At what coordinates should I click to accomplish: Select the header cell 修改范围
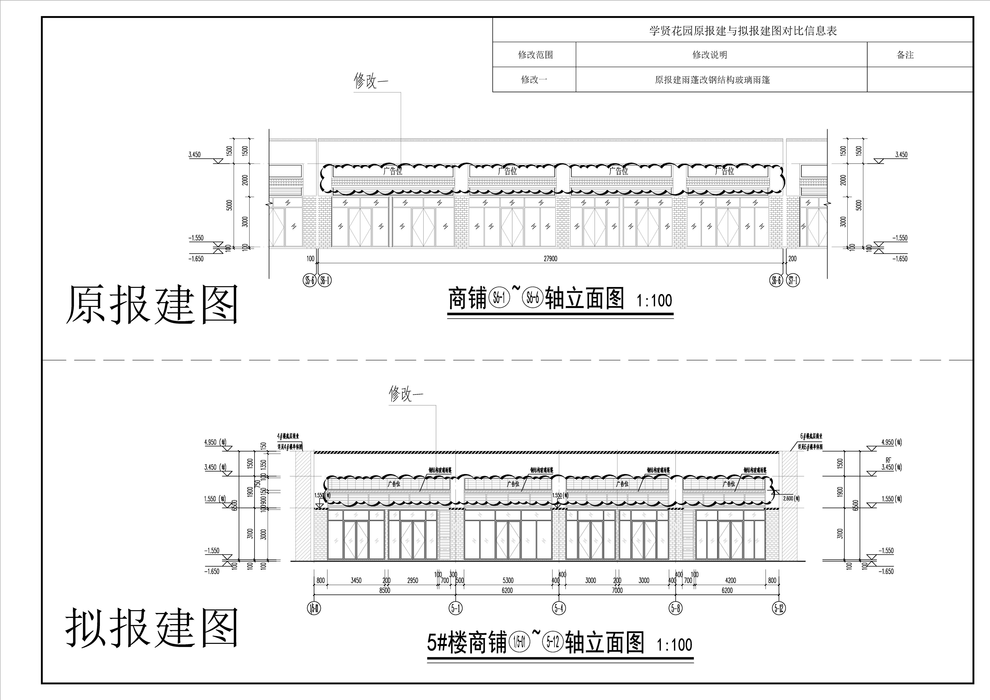[x=535, y=55]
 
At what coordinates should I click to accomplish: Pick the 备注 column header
[x=905, y=55]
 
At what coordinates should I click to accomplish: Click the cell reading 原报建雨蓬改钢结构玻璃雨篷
[x=712, y=80]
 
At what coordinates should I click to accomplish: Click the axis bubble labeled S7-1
[x=793, y=281]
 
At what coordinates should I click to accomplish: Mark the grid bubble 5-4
[x=558, y=608]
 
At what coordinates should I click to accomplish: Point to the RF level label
[x=888, y=460]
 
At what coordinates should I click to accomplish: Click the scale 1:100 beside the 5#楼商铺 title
[x=674, y=645]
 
